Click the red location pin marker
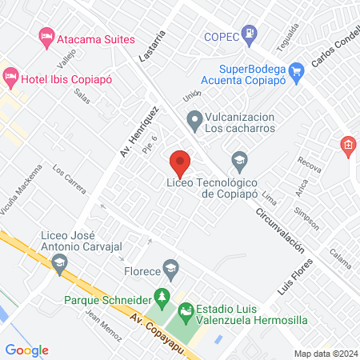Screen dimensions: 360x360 click(x=180, y=162)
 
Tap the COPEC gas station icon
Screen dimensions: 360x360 click(x=252, y=34)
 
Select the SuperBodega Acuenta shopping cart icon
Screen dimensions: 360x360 click(x=297, y=70)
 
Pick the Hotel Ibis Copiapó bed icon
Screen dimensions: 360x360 click(x=10, y=78)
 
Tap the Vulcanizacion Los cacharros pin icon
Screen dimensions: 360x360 click(x=194, y=122)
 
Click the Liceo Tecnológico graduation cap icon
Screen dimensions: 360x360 click(x=239, y=161)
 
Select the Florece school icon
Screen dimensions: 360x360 click(x=170, y=266)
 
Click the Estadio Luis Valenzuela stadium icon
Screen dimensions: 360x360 click(x=186, y=310)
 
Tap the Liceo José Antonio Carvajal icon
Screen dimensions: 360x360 click(x=48, y=261)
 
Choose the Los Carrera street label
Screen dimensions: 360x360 click(x=69, y=180)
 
